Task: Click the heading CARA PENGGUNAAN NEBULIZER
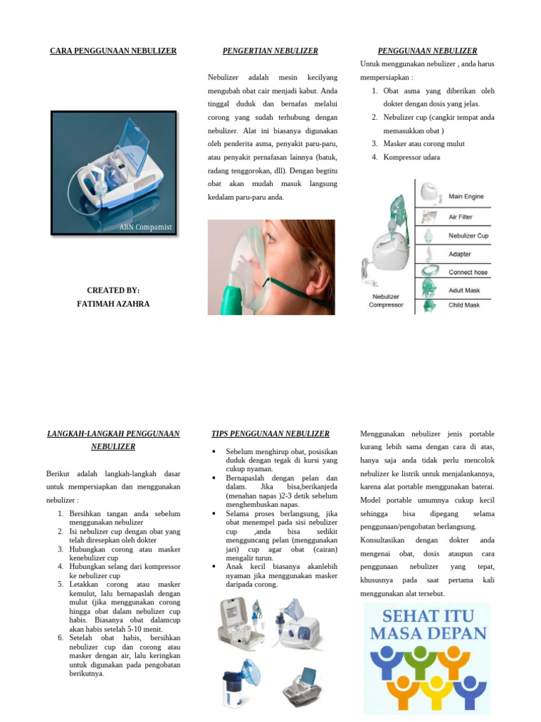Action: (113, 51)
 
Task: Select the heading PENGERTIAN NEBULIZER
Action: (270, 51)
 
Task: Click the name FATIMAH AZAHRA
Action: (113, 304)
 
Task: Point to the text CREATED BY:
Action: (113, 290)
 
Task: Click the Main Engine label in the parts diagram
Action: (466, 197)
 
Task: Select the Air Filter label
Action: (460, 217)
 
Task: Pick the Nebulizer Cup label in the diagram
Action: (468, 235)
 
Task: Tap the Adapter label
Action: (459, 254)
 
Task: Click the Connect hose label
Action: (468, 272)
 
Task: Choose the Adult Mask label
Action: (464, 290)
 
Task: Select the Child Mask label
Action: (464, 305)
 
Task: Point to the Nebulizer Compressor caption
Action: (386, 301)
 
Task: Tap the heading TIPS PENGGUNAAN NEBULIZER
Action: (270, 434)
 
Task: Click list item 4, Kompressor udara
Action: (411, 157)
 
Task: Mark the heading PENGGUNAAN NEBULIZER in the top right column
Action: (427, 51)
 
